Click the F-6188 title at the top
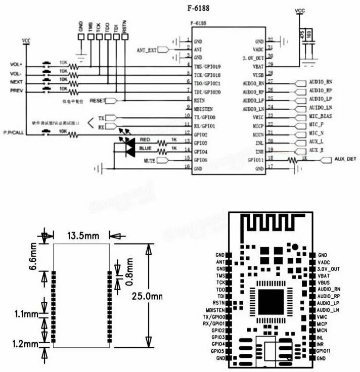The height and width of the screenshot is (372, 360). [200, 9]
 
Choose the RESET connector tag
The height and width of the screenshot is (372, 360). [98, 101]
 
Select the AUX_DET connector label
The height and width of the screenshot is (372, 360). [345, 159]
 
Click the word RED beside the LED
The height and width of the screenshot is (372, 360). [145, 139]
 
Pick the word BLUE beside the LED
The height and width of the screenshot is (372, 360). [145, 148]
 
